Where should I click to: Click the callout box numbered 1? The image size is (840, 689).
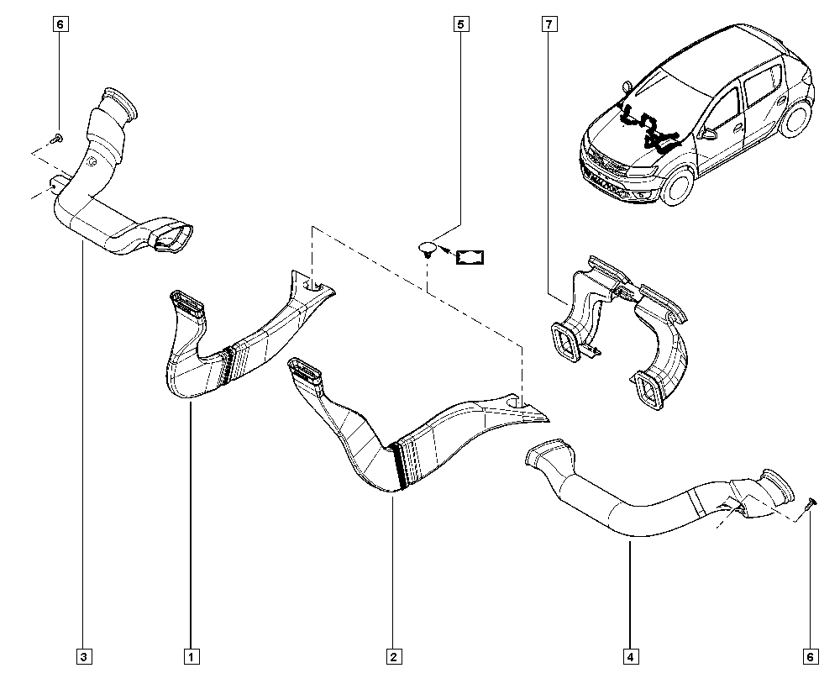(x=192, y=655)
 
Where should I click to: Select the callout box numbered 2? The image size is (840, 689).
(x=394, y=655)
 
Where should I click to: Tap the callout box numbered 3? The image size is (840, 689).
(x=84, y=655)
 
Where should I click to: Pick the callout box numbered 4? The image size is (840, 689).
(x=631, y=655)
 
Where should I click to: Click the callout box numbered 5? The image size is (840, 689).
(x=460, y=24)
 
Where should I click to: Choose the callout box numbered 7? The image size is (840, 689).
(x=549, y=24)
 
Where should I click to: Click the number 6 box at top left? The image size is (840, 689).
(x=60, y=24)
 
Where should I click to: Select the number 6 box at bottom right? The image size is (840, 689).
(x=811, y=655)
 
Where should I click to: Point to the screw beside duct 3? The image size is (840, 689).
(x=56, y=139)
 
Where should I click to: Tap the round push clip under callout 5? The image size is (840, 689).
(x=427, y=249)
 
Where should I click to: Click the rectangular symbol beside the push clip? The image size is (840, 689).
(x=470, y=257)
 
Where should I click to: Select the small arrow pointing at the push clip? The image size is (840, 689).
(x=446, y=250)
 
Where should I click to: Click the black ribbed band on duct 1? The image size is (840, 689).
(x=227, y=365)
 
